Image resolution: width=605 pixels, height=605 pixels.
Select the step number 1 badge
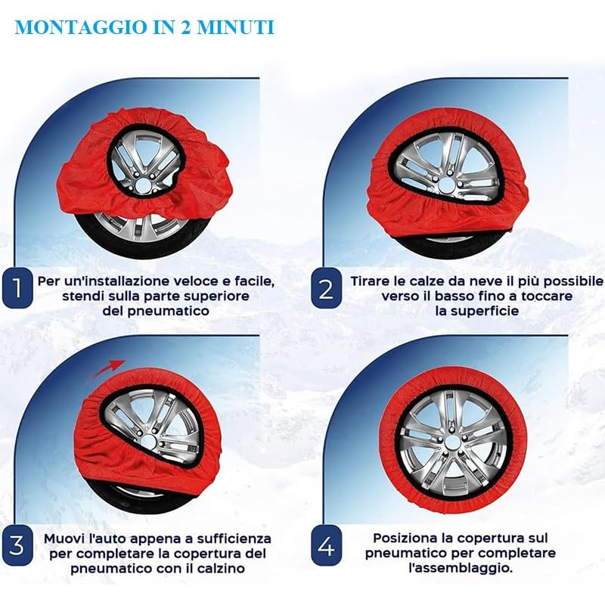pos(17,288)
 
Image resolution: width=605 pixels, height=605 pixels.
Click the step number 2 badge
pos(327,288)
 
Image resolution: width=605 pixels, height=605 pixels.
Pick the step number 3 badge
pos(17,545)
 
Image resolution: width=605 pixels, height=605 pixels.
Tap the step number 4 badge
pos(327,545)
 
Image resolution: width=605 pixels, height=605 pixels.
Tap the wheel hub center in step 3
pos(150,441)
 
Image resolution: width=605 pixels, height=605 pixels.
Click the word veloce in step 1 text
pos(201,281)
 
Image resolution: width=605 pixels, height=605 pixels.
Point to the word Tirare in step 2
pos(370,281)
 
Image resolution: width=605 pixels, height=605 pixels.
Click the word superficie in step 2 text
pos(477,311)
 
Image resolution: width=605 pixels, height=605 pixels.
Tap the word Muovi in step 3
pos(64,538)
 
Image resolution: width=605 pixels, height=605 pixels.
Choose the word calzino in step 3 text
pos(221,569)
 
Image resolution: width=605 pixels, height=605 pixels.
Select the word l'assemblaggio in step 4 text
pos(461,569)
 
